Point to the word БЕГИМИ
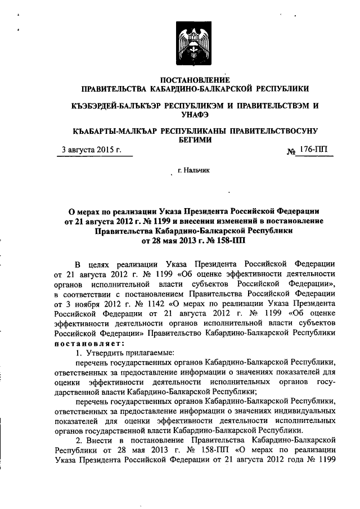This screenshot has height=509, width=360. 195,141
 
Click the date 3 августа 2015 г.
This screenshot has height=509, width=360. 92,150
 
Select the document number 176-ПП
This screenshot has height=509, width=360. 314,150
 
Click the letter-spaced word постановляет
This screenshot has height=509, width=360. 87,344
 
